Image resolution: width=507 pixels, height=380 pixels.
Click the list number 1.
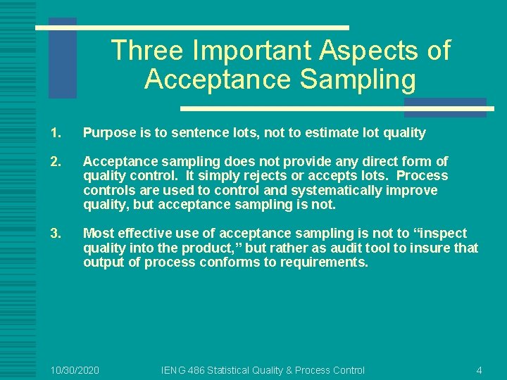point(56,133)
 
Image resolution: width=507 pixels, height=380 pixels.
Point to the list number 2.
point(56,162)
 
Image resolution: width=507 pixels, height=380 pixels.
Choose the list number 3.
point(56,234)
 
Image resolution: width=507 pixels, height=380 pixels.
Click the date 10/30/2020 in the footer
point(75,370)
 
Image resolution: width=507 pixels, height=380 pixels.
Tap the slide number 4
point(479,370)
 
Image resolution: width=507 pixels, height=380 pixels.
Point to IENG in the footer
point(174,370)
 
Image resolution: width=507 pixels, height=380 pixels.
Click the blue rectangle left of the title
point(62,58)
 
